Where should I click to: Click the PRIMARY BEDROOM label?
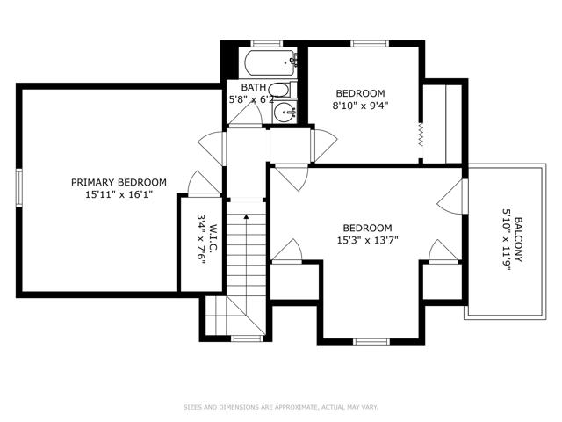[x=119, y=182]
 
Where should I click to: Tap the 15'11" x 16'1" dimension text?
[x=119, y=195]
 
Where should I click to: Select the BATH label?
[x=254, y=87]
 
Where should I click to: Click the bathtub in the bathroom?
[x=270, y=62]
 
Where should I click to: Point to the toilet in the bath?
[x=282, y=90]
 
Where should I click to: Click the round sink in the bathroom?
[x=285, y=113]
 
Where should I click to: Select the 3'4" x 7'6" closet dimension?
[x=201, y=239]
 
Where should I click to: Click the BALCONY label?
[x=518, y=240]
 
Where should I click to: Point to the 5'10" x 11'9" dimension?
[x=506, y=240]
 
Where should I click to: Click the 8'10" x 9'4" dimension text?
[x=361, y=105]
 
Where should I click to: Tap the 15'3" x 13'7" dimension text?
[x=367, y=240]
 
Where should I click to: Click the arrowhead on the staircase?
[x=246, y=216]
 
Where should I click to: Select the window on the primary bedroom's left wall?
[x=18, y=187]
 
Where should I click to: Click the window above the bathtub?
[x=267, y=43]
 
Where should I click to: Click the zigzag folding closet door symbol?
[x=421, y=135]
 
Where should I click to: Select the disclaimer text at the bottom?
[x=281, y=407]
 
